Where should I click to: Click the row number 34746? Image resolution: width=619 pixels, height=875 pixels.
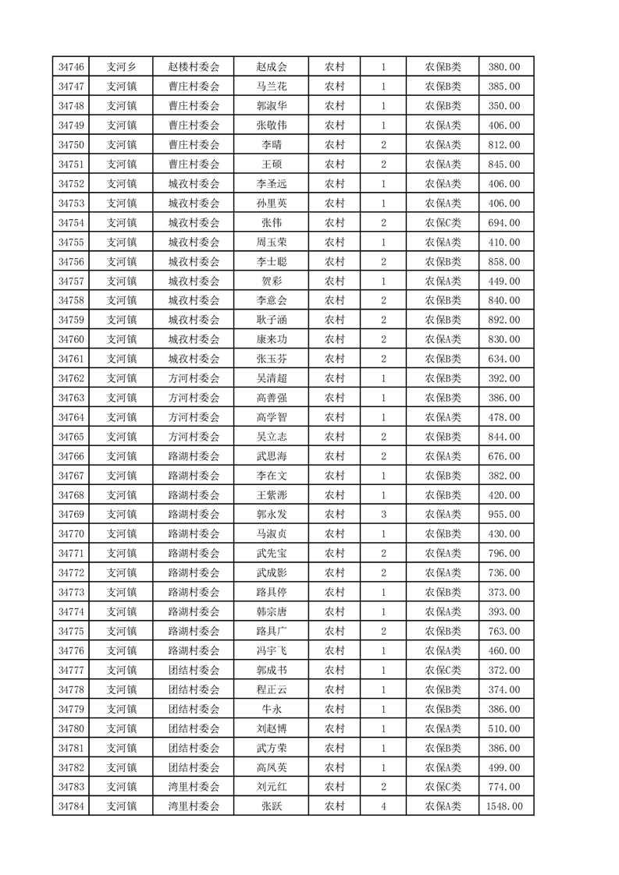click(x=71, y=67)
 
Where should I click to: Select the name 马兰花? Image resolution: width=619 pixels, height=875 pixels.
click(x=272, y=87)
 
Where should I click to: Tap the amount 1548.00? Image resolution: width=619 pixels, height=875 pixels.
click(x=505, y=806)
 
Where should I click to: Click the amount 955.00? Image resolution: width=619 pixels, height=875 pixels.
click(x=504, y=514)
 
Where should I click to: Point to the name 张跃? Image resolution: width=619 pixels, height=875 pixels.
click(x=272, y=806)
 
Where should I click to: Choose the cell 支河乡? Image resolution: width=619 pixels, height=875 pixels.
click(x=122, y=67)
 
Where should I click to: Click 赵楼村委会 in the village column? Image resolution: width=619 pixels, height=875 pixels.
click(x=194, y=67)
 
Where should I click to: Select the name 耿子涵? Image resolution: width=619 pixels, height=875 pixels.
click(x=272, y=320)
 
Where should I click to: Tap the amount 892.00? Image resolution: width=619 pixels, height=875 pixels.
click(x=504, y=320)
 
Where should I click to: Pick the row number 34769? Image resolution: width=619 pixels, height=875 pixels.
click(x=71, y=514)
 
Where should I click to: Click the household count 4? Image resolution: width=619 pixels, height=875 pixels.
click(x=383, y=806)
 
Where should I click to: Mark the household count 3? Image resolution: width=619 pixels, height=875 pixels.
click(x=383, y=514)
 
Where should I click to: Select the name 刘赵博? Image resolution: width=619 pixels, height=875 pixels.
click(x=272, y=728)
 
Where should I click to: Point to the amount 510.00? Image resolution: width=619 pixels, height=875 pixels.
click(x=504, y=728)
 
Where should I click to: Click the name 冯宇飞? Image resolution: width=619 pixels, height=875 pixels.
click(x=272, y=650)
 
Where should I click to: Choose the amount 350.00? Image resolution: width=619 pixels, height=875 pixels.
click(x=504, y=106)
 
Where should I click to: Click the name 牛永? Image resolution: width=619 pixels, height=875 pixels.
click(x=272, y=709)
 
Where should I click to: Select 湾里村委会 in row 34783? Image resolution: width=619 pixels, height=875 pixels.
click(x=194, y=787)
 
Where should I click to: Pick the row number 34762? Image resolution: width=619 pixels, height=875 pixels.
click(x=71, y=378)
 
